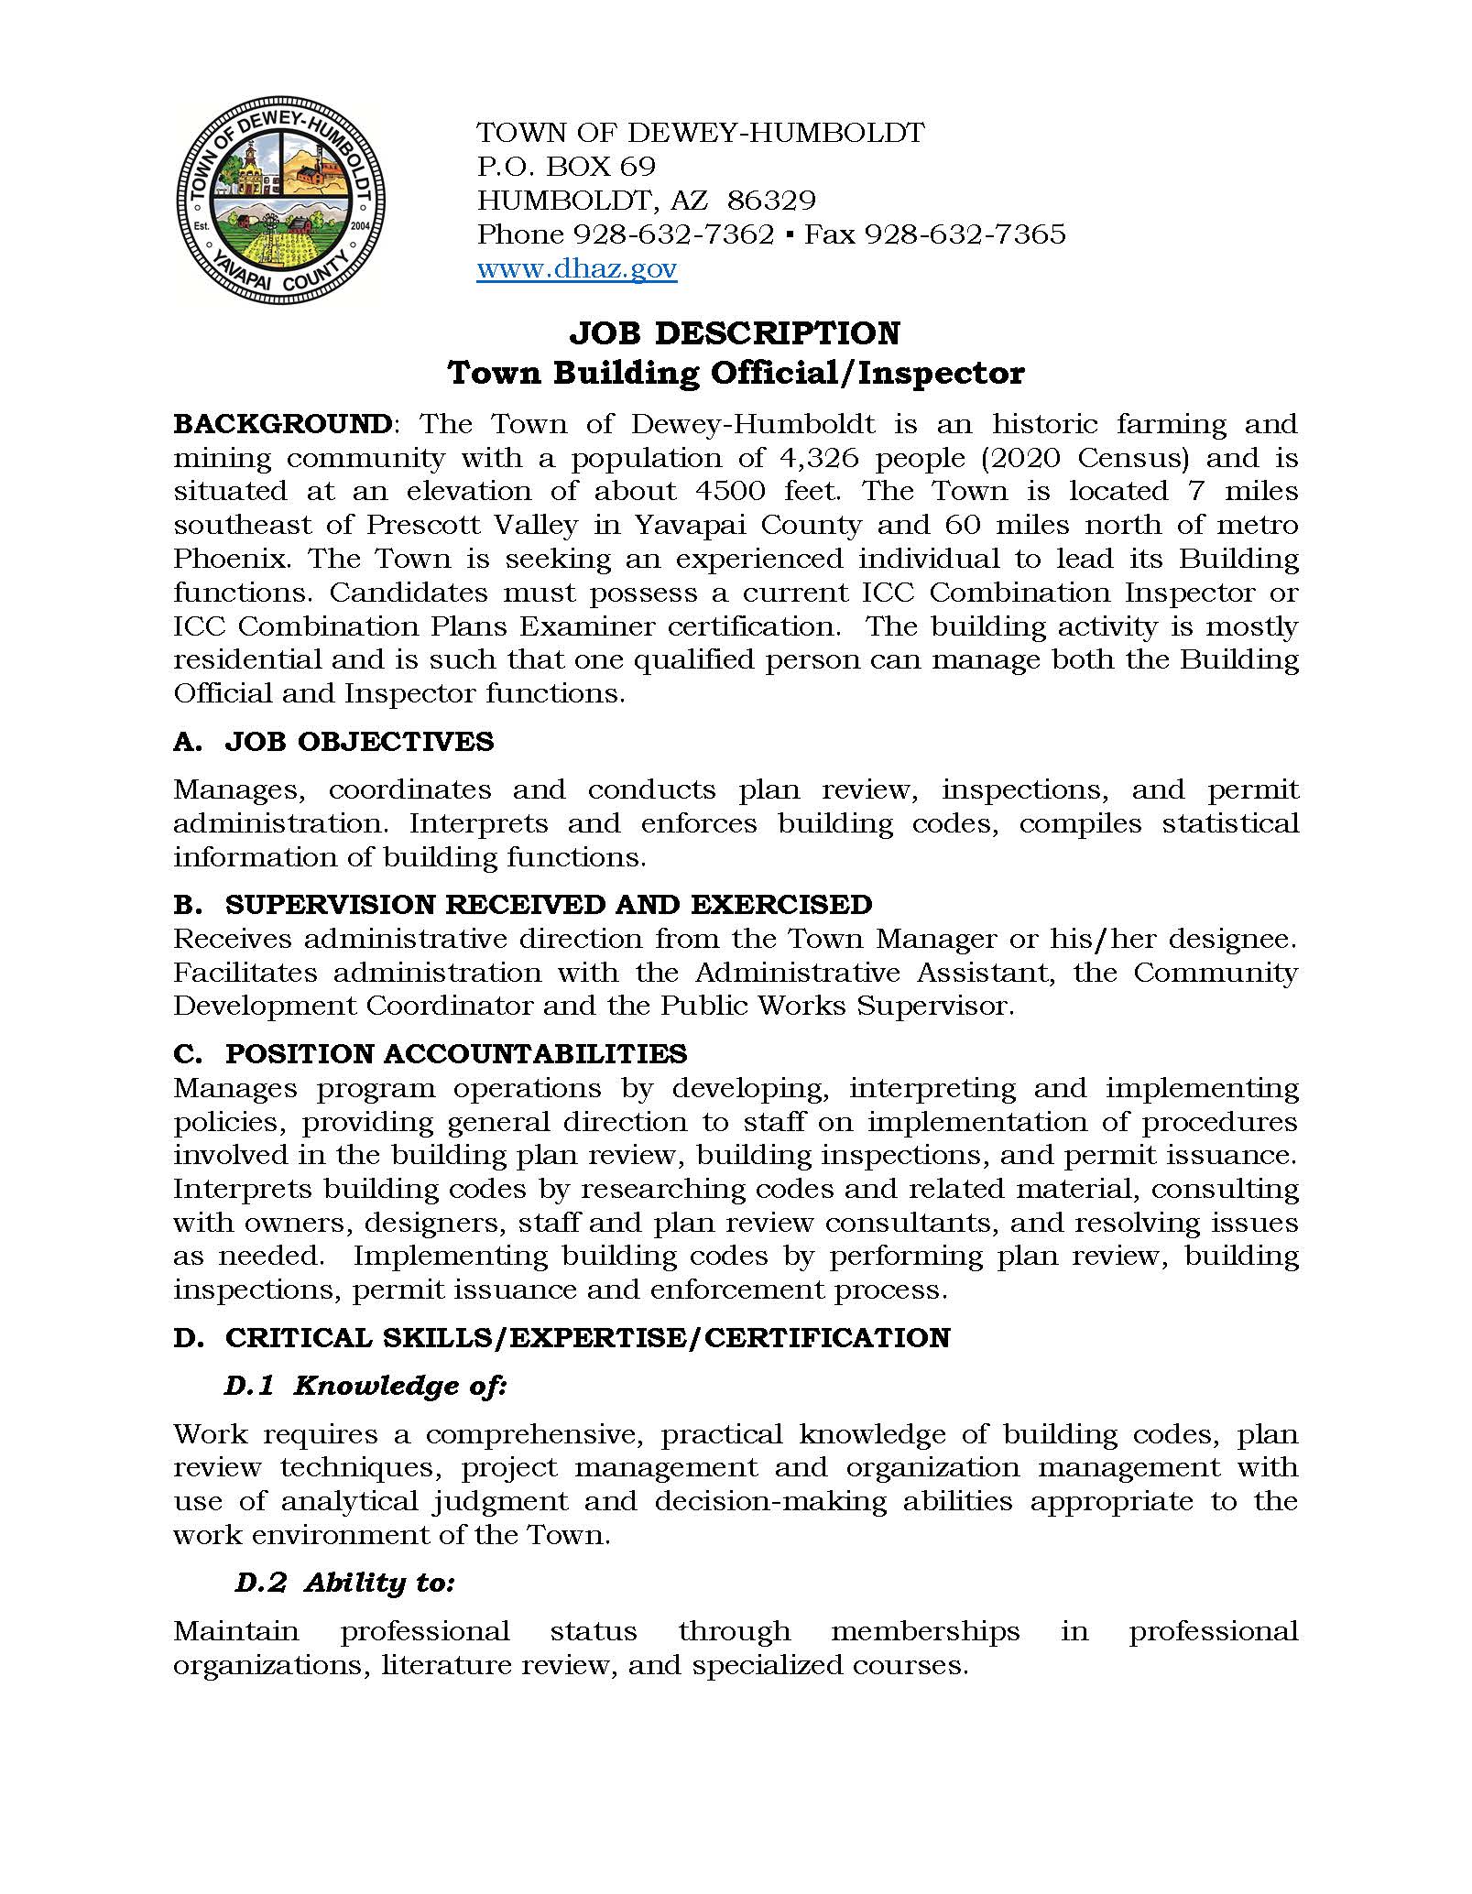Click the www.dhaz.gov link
tap(576, 269)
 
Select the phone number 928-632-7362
tap(672, 234)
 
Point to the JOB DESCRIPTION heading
tap(735, 332)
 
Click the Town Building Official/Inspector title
tap(735, 374)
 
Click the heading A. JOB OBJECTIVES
tap(333, 741)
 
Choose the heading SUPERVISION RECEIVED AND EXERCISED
tap(549, 904)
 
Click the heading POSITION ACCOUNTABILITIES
tap(456, 1054)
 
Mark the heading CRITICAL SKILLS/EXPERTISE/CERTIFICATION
tap(587, 1338)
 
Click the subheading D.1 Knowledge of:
tap(365, 1386)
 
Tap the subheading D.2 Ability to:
tap(345, 1584)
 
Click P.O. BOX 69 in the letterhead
tap(566, 167)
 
